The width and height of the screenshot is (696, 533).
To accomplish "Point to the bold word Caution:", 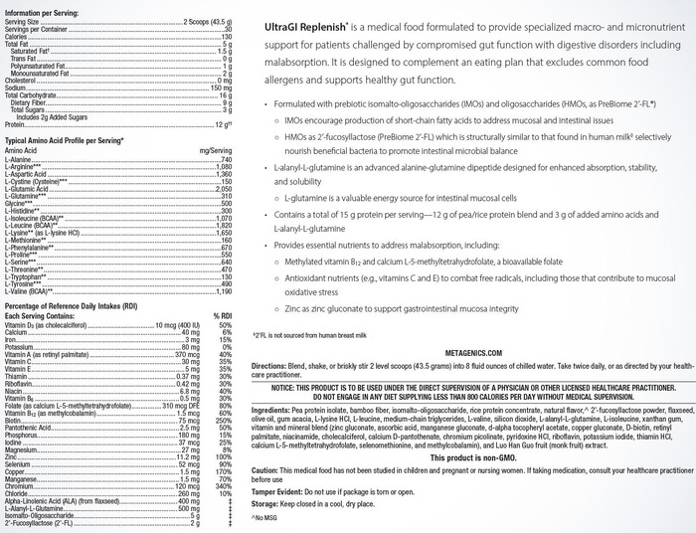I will point(267,494).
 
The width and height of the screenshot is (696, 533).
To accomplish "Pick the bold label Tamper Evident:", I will point(282,517).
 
